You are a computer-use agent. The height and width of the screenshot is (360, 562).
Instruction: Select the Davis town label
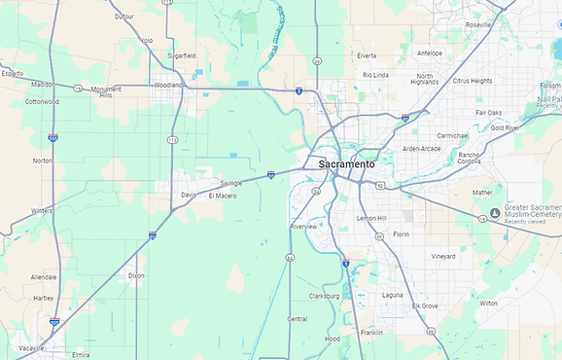189,195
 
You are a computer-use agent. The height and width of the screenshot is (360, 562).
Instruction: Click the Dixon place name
136,275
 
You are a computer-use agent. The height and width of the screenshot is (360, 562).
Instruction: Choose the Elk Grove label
425,306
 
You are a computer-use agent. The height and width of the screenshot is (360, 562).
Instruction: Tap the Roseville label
478,24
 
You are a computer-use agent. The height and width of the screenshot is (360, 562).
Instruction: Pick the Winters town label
42,210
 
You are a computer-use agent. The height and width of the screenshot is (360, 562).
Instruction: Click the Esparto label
12,73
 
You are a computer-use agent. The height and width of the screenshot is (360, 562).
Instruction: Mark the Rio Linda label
375,74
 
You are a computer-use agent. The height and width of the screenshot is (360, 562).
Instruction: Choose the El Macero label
223,196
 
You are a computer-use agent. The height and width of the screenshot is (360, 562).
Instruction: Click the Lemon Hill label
371,218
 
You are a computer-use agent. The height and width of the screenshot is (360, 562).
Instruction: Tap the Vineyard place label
443,256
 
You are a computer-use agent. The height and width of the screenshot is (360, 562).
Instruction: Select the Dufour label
124,17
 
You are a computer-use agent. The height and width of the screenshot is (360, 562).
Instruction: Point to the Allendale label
44,277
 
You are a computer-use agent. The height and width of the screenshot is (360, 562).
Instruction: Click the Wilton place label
488,303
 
